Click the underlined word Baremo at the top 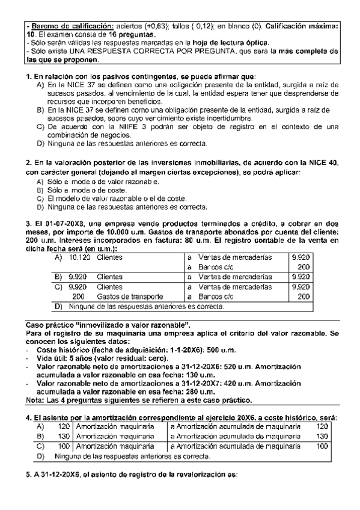click(44, 26)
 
